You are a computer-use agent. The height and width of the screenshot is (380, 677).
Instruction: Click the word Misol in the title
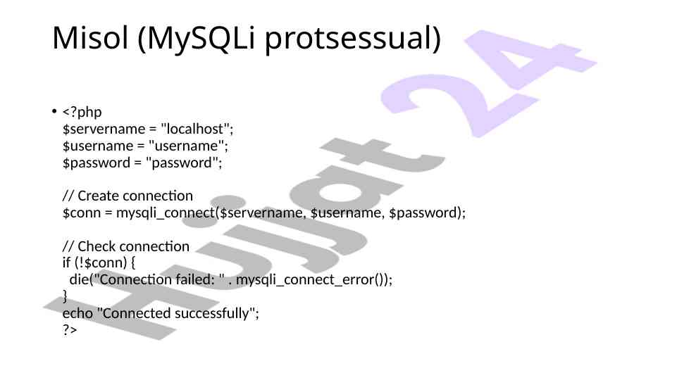tap(91, 38)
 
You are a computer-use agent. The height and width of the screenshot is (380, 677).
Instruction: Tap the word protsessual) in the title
tap(353, 39)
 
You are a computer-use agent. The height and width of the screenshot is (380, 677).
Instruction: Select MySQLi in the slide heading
tap(197, 39)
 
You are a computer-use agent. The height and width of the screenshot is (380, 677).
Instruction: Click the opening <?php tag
tap(82, 112)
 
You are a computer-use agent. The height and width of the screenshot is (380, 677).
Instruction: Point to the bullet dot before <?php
tap(54, 111)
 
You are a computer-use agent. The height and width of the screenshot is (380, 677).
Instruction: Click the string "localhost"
tap(195, 129)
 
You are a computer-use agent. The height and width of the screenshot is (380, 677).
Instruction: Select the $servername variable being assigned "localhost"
tap(104, 129)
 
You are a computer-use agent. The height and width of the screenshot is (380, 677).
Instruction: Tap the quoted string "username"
tap(186, 146)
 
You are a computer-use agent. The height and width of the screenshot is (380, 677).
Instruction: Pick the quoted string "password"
tap(182, 163)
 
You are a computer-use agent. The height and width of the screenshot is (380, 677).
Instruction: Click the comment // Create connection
tap(128, 196)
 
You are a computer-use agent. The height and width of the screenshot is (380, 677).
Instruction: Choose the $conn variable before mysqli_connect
tap(82, 213)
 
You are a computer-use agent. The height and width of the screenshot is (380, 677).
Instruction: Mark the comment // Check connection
tap(126, 246)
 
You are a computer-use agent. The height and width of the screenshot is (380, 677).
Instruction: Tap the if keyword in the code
tap(66, 262)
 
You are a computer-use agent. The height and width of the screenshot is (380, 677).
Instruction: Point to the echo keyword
tap(77, 313)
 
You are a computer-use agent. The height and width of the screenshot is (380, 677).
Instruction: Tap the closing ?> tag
tap(70, 330)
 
